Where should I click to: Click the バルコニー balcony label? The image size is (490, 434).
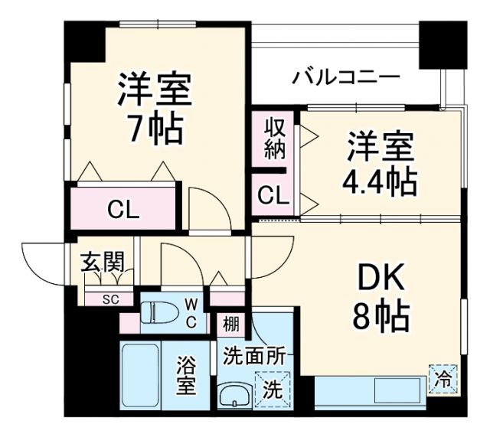click(x=346, y=77)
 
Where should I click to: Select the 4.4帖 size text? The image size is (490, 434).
click(x=380, y=182)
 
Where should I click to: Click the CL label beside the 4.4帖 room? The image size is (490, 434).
click(x=273, y=196)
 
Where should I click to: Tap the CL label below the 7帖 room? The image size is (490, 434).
click(x=122, y=208)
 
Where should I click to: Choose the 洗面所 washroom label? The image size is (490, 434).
click(x=254, y=355)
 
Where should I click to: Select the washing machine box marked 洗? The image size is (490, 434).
click(x=273, y=387)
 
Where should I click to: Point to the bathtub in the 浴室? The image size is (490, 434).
click(x=140, y=377)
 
